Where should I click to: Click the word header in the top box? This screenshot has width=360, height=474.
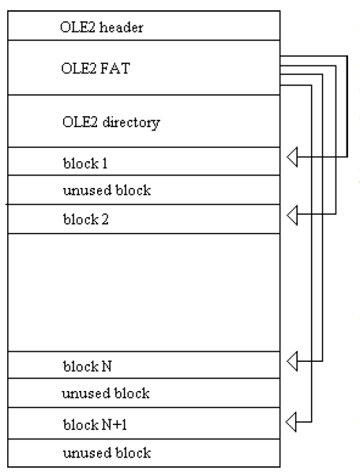122,27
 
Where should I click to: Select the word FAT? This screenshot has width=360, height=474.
115,68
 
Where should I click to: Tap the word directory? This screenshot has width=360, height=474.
131,122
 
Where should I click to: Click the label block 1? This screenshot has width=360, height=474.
85,164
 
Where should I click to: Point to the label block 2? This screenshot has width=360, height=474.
86,219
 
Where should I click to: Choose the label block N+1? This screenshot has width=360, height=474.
95,424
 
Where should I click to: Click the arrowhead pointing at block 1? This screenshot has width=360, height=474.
292,157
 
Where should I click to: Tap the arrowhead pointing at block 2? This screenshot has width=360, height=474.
292,215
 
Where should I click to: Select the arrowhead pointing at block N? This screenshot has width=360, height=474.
292,361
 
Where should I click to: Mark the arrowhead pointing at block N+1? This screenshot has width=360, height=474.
291,422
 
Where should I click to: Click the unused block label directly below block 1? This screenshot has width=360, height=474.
107,190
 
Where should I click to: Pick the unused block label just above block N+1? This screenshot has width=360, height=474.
106,393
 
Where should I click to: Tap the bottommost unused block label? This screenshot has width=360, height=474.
107,453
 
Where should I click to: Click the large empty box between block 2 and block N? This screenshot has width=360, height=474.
144,292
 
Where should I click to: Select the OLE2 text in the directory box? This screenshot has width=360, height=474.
80,122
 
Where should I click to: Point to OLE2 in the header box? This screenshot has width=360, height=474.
78,27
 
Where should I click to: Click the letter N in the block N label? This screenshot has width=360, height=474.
107,367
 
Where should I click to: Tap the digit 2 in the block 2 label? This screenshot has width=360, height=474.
105,220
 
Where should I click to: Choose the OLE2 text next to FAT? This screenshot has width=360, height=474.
79,68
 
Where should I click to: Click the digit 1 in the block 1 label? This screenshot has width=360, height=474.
104,164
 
